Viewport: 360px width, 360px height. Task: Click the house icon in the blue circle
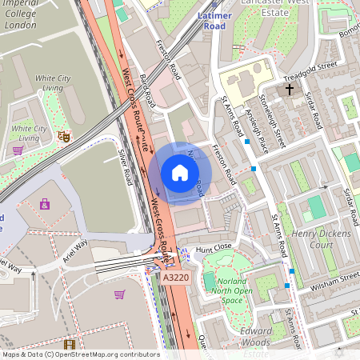point(179,173)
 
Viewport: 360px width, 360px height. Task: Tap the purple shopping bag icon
point(17,150)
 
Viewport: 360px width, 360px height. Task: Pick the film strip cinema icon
point(70,345)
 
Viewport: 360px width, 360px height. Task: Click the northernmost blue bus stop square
point(247,142)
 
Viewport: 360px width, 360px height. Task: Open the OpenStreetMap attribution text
point(80,354)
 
